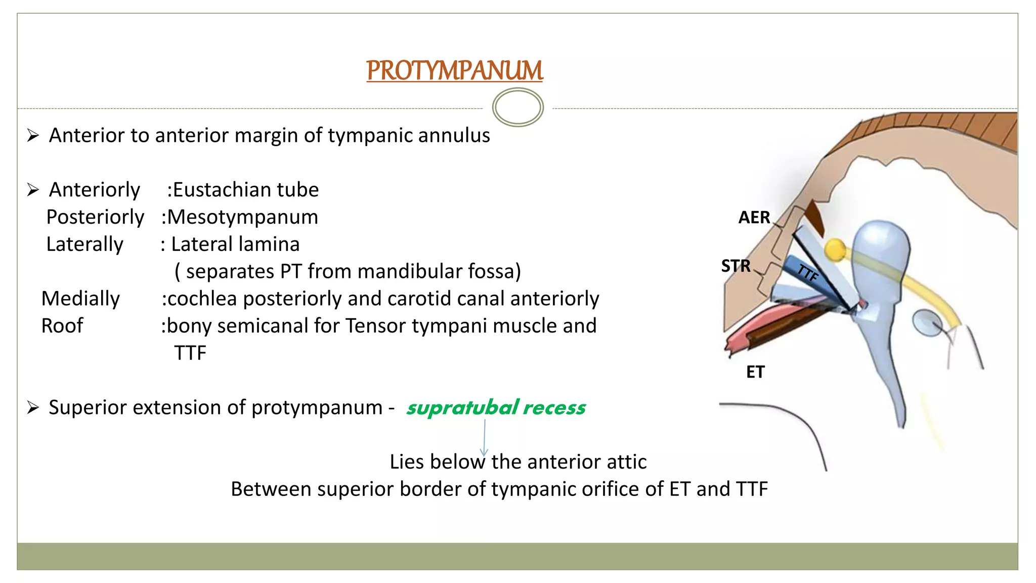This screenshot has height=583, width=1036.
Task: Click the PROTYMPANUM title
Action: click(x=454, y=70)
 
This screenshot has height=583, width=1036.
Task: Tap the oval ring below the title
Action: click(x=517, y=107)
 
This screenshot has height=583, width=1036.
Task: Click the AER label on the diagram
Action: click(x=754, y=218)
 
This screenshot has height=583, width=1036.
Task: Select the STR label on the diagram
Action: click(x=736, y=266)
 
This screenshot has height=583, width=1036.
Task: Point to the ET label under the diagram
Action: click(x=755, y=372)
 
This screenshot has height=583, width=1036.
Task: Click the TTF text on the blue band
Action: click(x=807, y=273)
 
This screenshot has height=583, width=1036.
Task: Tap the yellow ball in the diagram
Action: click(x=834, y=249)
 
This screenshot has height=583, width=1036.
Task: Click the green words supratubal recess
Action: click(x=495, y=408)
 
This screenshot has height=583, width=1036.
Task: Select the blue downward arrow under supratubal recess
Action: click(x=484, y=437)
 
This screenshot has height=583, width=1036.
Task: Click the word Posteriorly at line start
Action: click(x=95, y=217)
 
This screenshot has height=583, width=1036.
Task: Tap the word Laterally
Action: click(x=84, y=244)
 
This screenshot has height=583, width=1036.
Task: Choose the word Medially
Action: click(x=80, y=299)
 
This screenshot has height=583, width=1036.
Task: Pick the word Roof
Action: click(x=62, y=326)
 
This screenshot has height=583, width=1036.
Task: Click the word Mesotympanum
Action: click(x=242, y=217)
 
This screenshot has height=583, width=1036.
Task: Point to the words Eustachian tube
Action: click(x=246, y=190)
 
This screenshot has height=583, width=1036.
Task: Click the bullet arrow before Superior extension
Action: click(x=33, y=408)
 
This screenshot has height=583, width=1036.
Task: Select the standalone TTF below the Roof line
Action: click(x=190, y=353)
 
